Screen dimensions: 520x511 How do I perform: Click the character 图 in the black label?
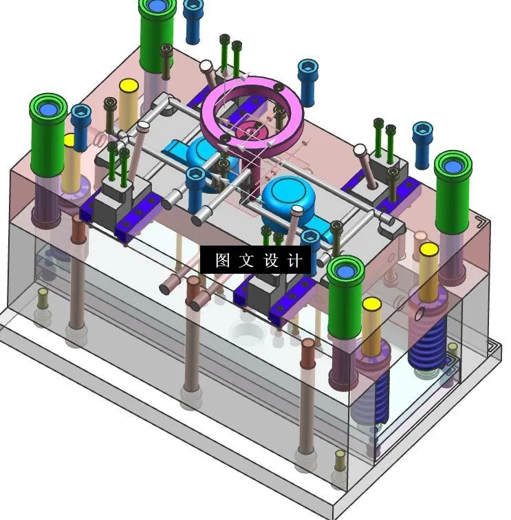click(222, 261)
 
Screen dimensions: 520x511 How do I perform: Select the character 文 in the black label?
click(246, 261)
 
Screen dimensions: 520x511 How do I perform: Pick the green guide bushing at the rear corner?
click(157, 34)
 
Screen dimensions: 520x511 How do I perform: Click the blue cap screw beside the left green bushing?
click(81, 127)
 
